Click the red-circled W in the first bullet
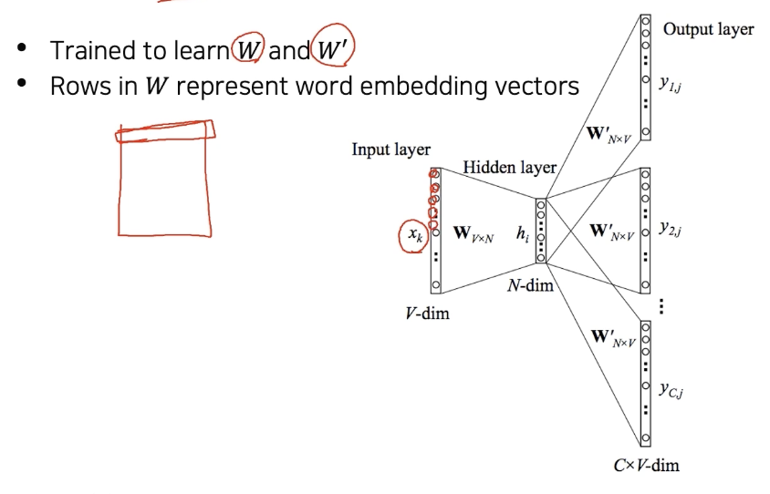point(247,49)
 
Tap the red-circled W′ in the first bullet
point(331,49)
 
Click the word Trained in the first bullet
point(88,50)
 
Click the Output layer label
point(708,29)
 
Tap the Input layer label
point(390,149)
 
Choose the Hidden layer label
point(509,168)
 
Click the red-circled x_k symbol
point(414,235)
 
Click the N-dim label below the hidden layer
point(530,286)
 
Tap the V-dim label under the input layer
point(427,314)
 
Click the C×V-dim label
point(646,466)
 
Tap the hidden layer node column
point(541,232)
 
